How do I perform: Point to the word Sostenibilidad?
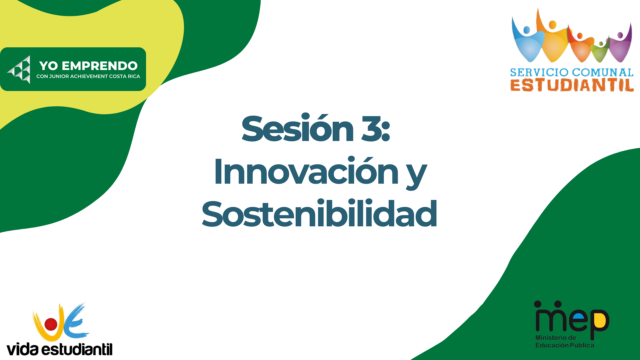[319, 213]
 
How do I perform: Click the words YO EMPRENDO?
[88, 66]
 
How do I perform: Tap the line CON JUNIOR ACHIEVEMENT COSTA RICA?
[88, 76]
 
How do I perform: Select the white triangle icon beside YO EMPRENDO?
[19, 70]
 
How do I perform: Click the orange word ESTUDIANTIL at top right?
[572, 85]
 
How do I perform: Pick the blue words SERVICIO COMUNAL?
[572, 72]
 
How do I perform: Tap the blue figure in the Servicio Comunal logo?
[528, 40]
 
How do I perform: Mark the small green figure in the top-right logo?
[600, 51]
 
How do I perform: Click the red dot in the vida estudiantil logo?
[51, 324]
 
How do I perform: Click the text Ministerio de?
[556, 338]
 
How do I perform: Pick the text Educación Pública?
[565, 345]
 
